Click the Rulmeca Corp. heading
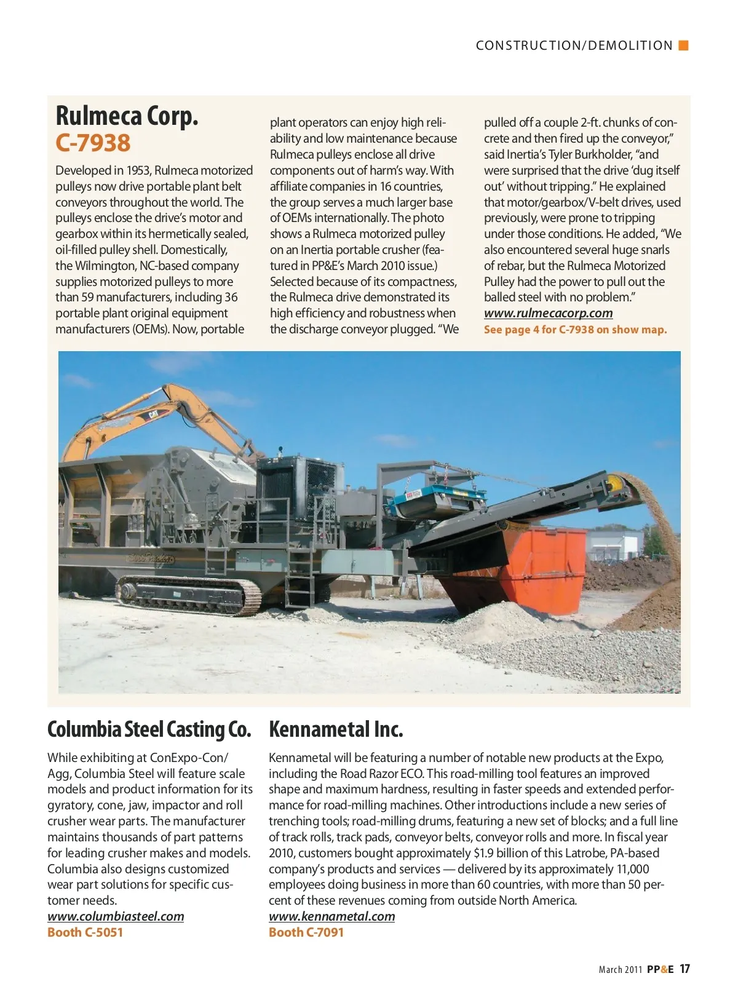[x=127, y=116]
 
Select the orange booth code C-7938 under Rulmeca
[x=93, y=143]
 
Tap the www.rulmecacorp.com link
[x=548, y=313]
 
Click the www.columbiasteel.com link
[x=116, y=916]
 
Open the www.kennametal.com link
[x=331, y=916]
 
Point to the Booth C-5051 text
[x=85, y=932]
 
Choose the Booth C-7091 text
[x=306, y=932]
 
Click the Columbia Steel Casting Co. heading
[x=149, y=729]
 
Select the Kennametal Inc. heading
[x=336, y=729]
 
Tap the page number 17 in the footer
[x=684, y=969]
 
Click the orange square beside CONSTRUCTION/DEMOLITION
[x=683, y=45]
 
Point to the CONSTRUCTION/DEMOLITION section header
[x=574, y=46]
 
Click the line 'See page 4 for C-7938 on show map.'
[x=575, y=330]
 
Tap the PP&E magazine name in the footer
[x=660, y=969]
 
